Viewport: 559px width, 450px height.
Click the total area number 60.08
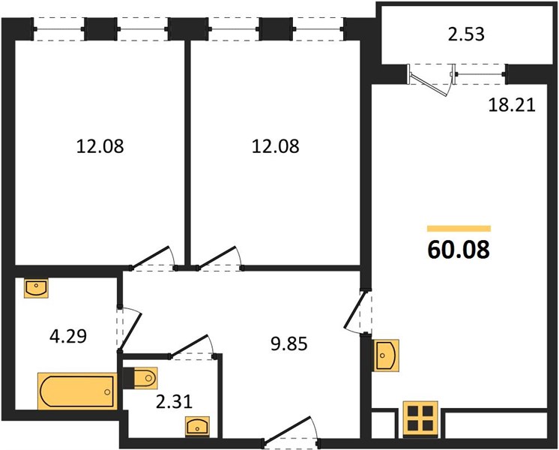[459, 250]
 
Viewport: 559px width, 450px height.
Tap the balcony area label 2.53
[466, 34]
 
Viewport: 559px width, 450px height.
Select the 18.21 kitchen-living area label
[512, 105]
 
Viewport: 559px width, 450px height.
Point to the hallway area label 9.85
[289, 344]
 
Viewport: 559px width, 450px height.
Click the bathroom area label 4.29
[68, 336]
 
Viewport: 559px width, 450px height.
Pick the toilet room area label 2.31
[174, 401]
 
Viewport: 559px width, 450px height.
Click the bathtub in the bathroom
[77, 391]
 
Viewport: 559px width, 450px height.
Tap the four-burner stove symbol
[420, 419]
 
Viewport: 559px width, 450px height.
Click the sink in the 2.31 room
[197, 426]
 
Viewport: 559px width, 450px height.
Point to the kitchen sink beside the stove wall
[385, 355]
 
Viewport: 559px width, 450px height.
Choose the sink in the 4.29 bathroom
[36, 288]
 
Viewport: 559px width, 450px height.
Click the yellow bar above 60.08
[459, 229]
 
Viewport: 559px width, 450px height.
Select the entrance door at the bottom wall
[291, 430]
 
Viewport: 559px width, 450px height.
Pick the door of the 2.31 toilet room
[189, 345]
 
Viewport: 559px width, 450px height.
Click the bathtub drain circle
[107, 391]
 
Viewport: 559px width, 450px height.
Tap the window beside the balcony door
[480, 74]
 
